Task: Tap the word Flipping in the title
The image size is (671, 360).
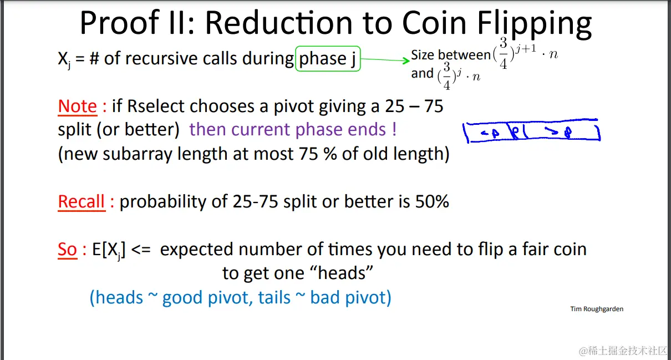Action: [x=535, y=24]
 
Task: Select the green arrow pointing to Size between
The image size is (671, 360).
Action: [x=385, y=60]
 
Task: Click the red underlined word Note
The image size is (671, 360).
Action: [x=78, y=106]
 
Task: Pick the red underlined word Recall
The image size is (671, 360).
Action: [x=82, y=202]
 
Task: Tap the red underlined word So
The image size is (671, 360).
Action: [x=68, y=250]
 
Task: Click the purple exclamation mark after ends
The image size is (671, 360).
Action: [x=394, y=129]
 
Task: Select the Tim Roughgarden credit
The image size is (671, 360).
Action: [x=597, y=309]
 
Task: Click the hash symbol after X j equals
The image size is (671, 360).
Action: [x=94, y=58]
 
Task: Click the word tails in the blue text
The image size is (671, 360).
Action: [x=274, y=298]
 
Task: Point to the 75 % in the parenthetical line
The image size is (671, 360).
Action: [x=318, y=154]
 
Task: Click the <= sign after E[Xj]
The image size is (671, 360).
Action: [x=141, y=250]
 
